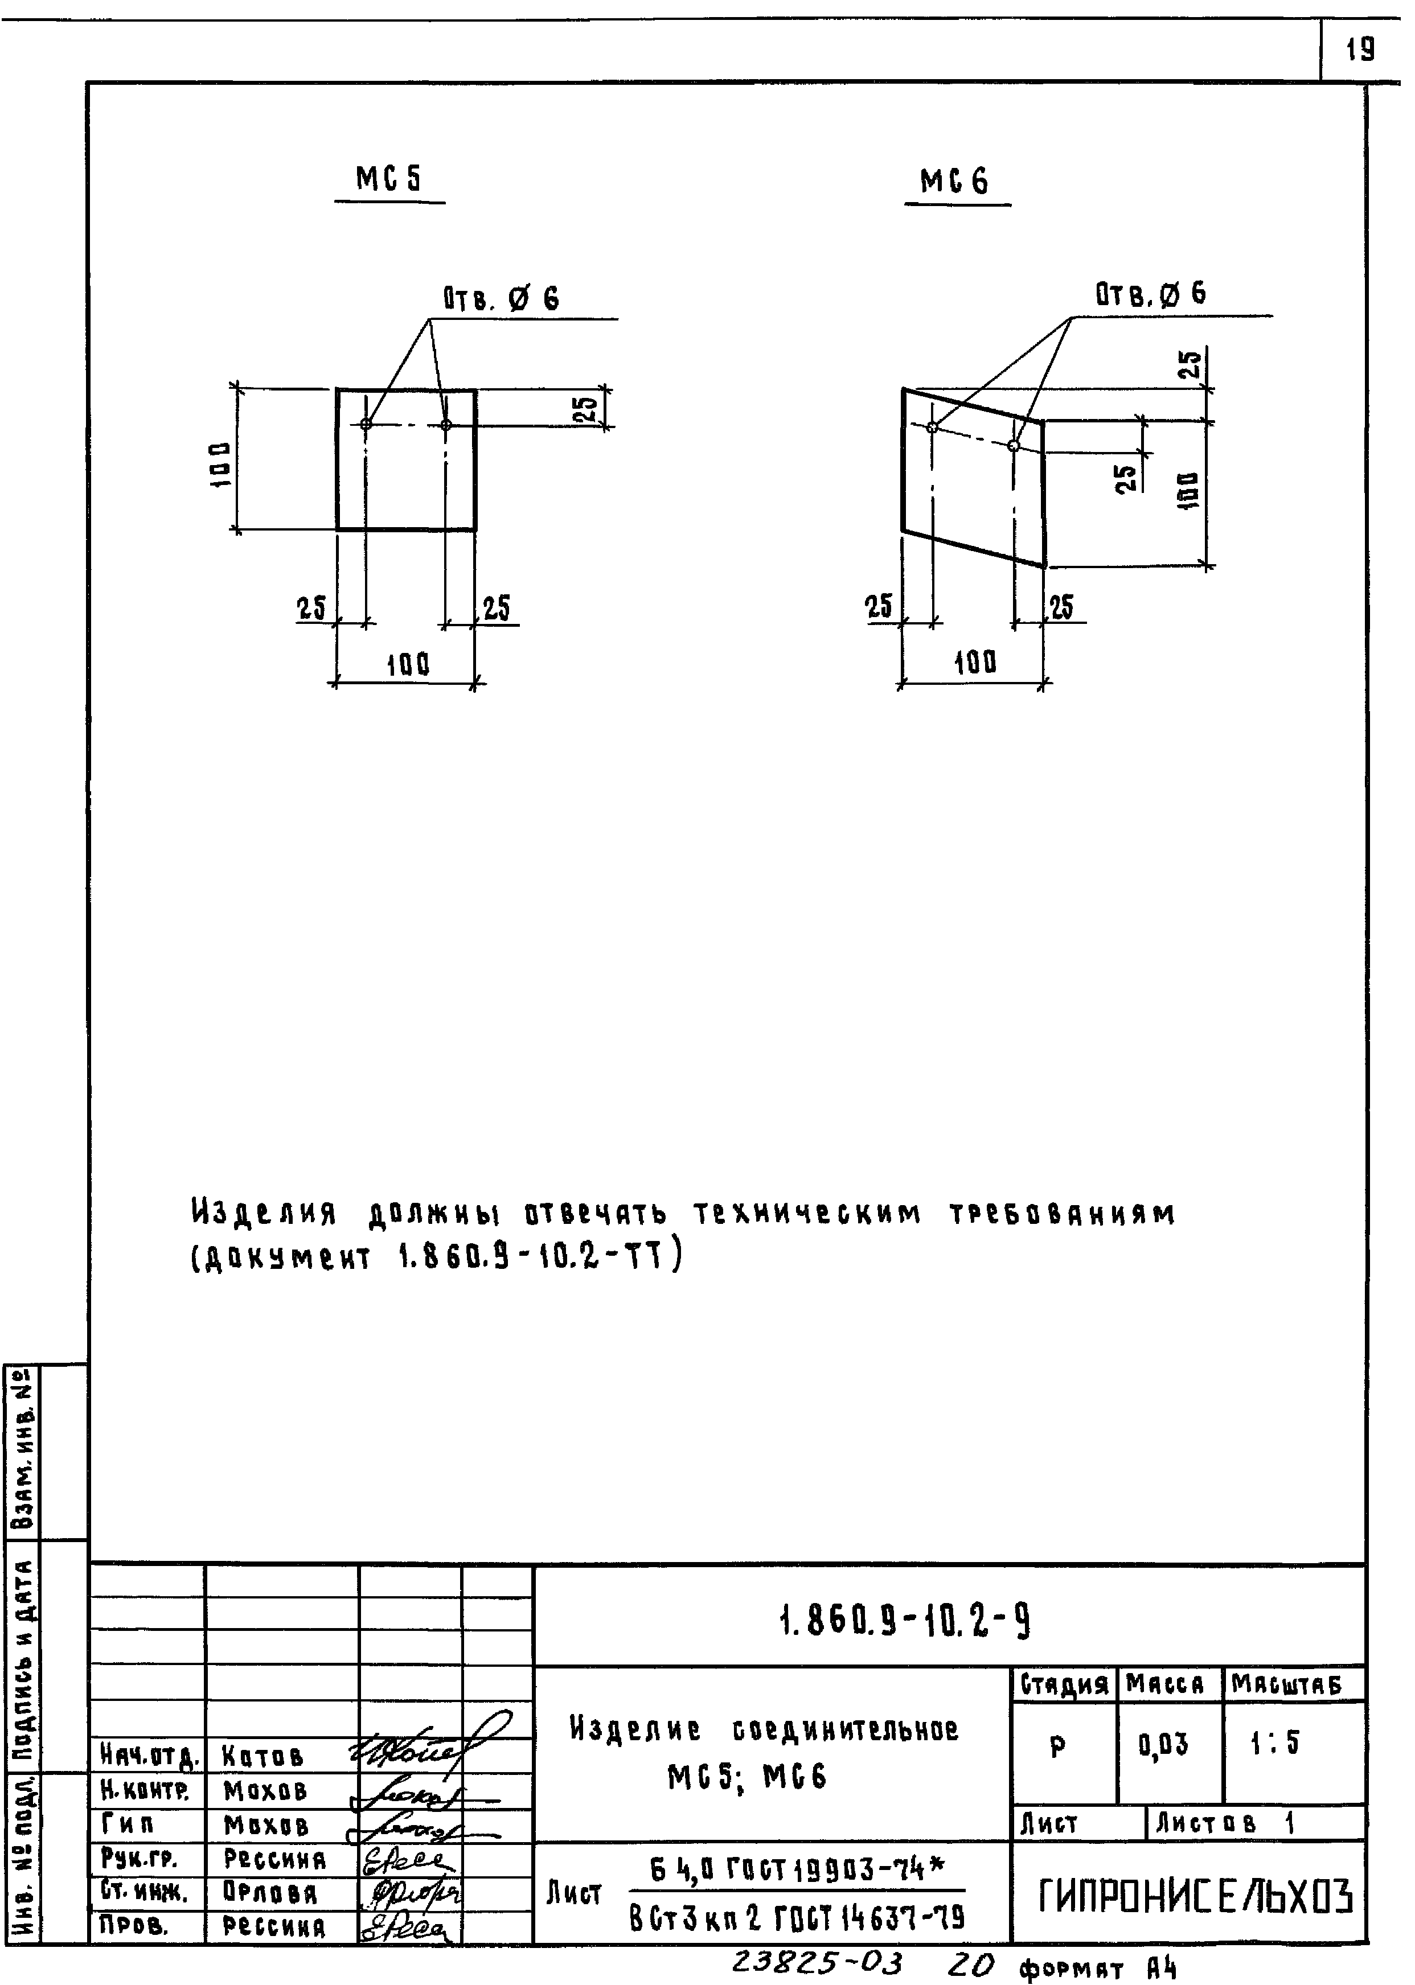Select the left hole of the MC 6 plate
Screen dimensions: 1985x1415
tap(932, 427)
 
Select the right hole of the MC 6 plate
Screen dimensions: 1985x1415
tap(1012, 446)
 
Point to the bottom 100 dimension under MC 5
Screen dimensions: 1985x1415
tap(408, 665)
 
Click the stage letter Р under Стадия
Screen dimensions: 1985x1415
tap(1058, 1745)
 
